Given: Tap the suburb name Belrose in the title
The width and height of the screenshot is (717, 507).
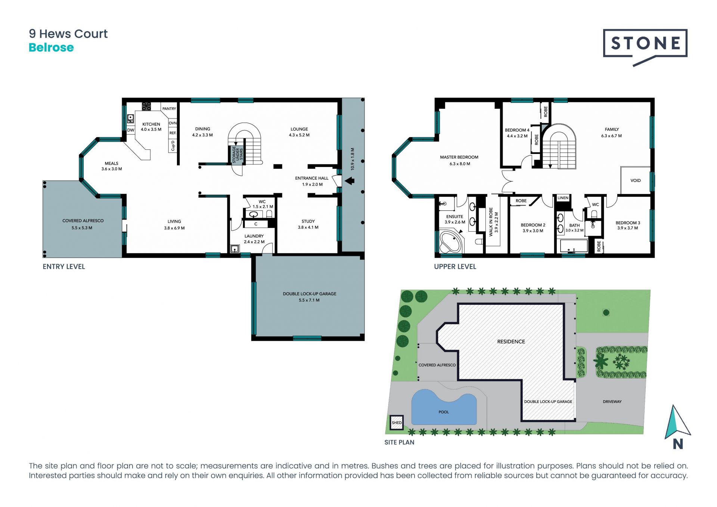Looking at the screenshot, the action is pyautogui.click(x=51, y=48).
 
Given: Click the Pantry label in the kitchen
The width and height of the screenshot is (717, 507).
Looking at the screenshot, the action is pyautogui.click(x=169, y=109).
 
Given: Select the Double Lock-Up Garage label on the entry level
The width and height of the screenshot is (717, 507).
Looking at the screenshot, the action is pyautogui.click(x=310, y=294).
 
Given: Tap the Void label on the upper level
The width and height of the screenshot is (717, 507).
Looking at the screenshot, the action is pyautogui.click(x=636, y=180).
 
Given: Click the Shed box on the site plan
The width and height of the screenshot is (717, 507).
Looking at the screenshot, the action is pyautogui.click(x=397, y=423).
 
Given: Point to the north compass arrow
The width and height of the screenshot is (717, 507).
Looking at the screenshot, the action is pyautogui.click(x=677, y=423).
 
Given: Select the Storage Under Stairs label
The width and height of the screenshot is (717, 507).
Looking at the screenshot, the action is pyautogui.click(x=238, y=155).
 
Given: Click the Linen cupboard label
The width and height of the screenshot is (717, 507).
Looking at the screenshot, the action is pyautogui.click(x=563, y=198).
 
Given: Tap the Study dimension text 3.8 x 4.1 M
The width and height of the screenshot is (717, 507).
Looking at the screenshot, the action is pyautogui.click(x=308, y=227).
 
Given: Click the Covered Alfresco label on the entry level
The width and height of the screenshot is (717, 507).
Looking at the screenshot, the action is pyautogui.click(x=83, y=221).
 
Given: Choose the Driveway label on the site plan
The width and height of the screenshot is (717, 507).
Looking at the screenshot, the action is pyautogui.click(x=612, y=402).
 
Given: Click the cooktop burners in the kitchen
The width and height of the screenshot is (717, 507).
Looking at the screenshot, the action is pyautogui.click(x=146, y=106).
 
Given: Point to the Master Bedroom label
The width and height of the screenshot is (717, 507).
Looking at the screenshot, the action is pyautogui.click(x=459, y=157).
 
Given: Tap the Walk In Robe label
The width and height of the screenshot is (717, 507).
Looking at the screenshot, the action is pyautogui.click(x=491, y=222).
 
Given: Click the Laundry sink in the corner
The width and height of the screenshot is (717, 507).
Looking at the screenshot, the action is pyautogui.click(x=235, y=249).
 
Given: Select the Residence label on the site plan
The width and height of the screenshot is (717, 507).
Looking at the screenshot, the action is pyautogui.click(x=511, y=341).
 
